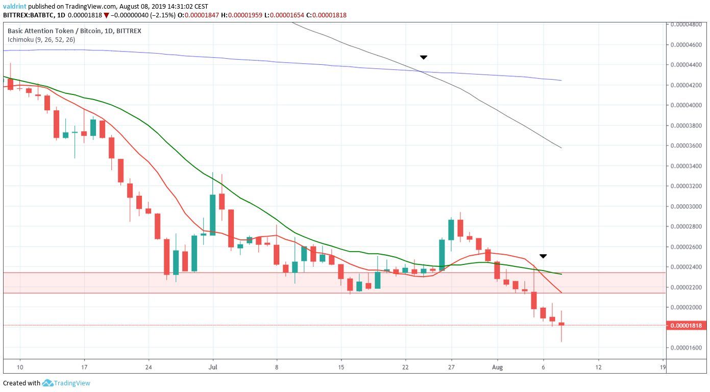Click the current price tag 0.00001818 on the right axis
coord(685,326)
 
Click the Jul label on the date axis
coord(213,367)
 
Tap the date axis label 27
coord(451,367)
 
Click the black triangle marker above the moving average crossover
coord(423,57)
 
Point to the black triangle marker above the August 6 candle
coord(543,256)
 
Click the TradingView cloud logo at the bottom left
coord(47,383)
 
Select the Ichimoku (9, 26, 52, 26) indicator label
coord(41,39)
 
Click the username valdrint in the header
coord(14,6)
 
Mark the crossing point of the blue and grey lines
coord(422,71)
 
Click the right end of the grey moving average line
coord(561,148)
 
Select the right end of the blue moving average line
coord(561,80)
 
